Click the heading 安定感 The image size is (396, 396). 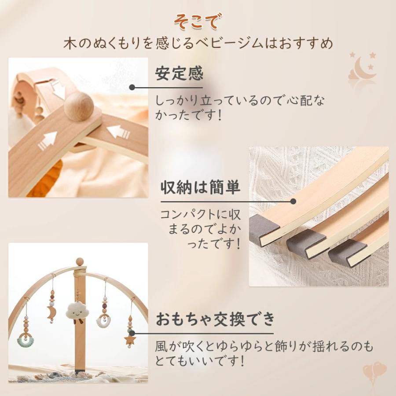point(179,73)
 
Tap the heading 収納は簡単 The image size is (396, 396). point(200,187)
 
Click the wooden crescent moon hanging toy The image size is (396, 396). point(51,312)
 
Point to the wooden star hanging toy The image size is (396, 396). point(130,339)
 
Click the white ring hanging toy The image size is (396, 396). point(103,321)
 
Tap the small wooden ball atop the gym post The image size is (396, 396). point(80,262)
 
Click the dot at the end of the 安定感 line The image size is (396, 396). point(132,88)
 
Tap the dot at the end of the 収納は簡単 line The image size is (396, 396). point(293,201)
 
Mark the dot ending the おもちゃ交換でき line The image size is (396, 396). point(132,333)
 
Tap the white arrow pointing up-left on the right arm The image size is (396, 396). point(118,132)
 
